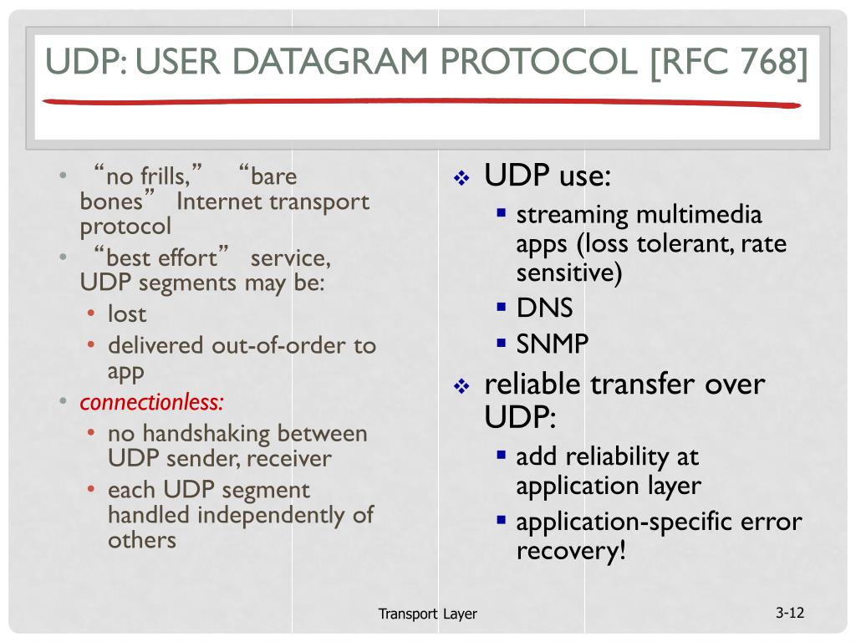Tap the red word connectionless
coord(151,402)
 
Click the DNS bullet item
coord(544,308)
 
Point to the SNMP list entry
coord(552,344)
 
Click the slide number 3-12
coord(789,613)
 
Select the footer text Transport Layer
coord(427,614)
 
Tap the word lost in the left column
coord(126,314)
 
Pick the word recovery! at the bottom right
coord(570,551)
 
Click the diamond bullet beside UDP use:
coord(462,178)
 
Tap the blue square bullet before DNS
coord(502,306)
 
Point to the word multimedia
coord(699,215)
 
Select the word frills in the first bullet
coord(166,177)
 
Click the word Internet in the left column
coord(218,201)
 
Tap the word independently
coord(270,514)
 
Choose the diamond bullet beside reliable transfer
coord(462,386)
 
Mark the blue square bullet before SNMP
coord(502,342)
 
